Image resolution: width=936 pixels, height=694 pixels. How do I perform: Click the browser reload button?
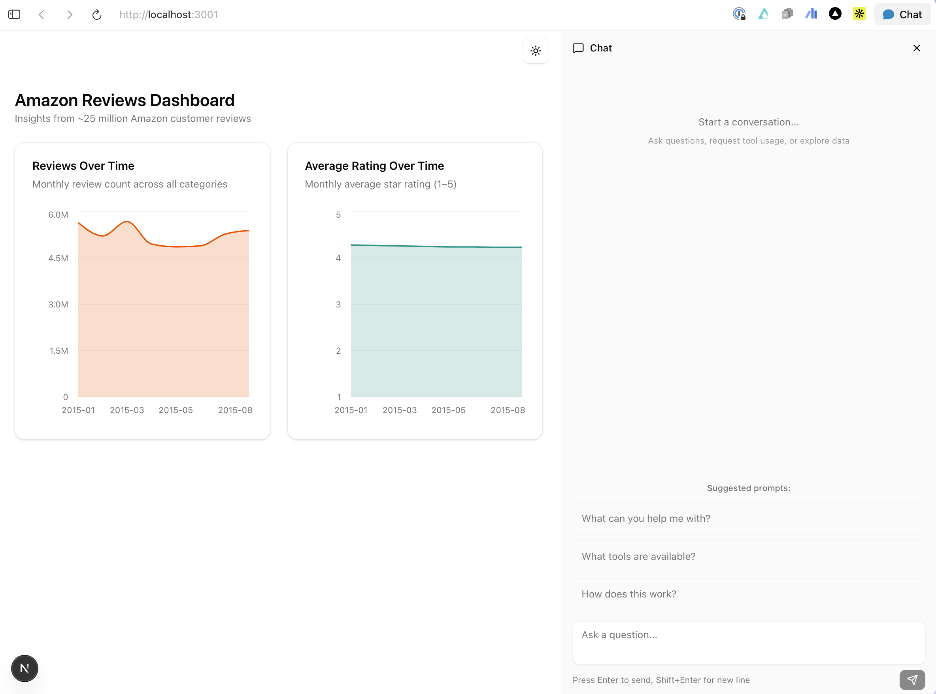pos(96,15)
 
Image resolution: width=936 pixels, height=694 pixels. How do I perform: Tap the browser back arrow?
pos(42,15)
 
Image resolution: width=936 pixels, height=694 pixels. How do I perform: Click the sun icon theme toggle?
pos(535,51)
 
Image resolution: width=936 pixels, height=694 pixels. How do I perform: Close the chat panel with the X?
pos(916,48)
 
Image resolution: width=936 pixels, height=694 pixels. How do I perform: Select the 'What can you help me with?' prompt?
pos(748,518)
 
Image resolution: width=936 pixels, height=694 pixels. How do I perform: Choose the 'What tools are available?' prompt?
pos(748,556)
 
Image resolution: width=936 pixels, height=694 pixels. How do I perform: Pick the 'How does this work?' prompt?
pos(748,594)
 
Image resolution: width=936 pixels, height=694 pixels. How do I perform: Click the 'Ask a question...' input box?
pos(748,642)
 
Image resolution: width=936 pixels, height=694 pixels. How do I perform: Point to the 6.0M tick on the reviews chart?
pos(58,215)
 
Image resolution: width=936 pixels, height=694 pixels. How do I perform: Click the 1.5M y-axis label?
pos(59,351)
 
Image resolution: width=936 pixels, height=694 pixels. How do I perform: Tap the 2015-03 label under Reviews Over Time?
pos(127,410)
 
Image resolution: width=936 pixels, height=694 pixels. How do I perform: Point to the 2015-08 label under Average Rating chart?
pos(508,410)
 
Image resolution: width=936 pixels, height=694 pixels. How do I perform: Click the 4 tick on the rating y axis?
pos(338,258)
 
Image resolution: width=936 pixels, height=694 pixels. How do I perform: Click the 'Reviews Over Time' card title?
pos(83,166)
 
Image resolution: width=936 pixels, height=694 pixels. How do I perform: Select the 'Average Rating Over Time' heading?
pos(374,166)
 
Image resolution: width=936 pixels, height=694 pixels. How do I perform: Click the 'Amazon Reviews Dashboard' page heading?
pos(125,100)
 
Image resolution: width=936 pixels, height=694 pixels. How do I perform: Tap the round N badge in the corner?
pos(25,668)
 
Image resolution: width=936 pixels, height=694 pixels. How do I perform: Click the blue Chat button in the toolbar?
pos(902,15)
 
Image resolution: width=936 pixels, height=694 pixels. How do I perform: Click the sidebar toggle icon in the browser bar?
pos(14,15)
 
